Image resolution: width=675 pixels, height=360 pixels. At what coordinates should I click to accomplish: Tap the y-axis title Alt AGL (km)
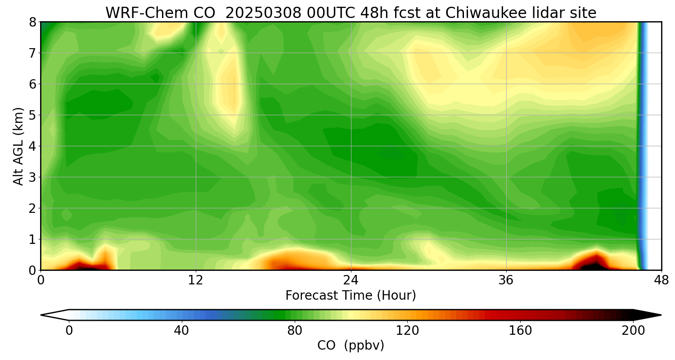click(x=18, y=146)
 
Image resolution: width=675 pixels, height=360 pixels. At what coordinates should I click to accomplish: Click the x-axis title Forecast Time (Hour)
click(x=351, y=295)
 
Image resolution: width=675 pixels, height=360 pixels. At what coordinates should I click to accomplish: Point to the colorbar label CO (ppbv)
click(x=351, y=345)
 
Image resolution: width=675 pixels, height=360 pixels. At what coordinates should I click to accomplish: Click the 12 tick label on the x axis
click(x=196, y=280)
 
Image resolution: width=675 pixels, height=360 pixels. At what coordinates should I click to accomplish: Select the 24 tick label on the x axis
click(x=351, y=280)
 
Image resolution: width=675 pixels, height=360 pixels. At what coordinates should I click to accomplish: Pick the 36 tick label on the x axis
click(x=506, y=280)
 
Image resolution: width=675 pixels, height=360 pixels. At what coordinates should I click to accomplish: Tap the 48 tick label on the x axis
click(x=661, y=280)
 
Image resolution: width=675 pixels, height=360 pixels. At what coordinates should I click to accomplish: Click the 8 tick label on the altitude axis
click(x=32, y=22)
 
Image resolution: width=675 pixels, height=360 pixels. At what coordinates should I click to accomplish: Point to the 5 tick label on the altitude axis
click(x=32, y=115)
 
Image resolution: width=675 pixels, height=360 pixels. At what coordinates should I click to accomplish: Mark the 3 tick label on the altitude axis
click(x=32, y=177)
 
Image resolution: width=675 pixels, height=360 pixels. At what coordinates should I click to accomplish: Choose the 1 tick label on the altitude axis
click(x=32, y=239)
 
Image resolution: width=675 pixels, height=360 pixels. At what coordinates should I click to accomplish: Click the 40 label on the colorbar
click(x=181, y=331)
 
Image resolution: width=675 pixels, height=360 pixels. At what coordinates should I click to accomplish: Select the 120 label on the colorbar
click(x=407, y=331)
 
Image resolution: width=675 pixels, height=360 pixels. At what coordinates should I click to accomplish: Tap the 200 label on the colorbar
click(x=633, y=331)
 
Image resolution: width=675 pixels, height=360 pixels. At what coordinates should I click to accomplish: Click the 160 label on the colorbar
click(x=520, y=331)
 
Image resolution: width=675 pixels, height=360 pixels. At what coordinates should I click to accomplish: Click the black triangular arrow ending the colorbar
click(x=646, y=315)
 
